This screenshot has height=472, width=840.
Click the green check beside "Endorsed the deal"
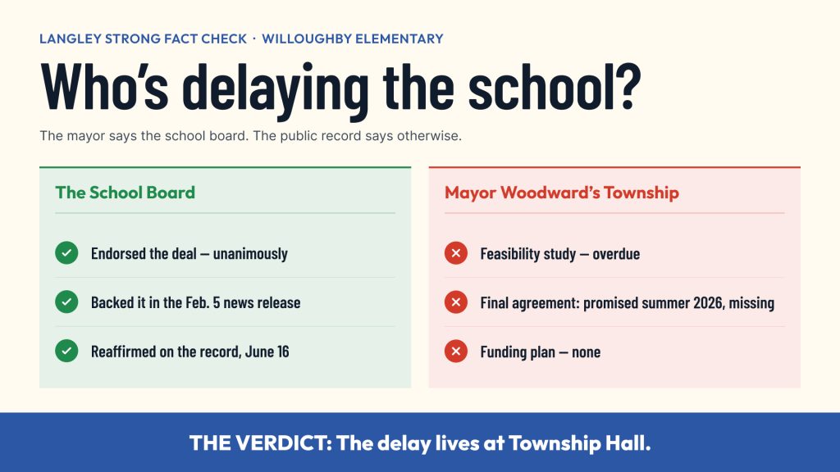66,253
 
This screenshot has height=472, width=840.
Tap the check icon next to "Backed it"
66,302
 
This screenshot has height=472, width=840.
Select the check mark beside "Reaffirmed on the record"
66,351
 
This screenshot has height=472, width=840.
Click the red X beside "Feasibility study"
456,253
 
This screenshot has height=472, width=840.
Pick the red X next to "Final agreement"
456,302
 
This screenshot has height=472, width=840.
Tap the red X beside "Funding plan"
456,351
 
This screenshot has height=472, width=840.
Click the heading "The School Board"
126,193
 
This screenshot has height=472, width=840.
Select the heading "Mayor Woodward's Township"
562,193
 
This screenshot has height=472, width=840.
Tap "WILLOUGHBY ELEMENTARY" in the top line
353,39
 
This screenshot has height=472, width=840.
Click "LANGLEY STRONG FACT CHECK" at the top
143,39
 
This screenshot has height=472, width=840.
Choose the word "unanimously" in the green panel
250,254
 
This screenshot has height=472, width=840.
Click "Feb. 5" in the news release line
203,302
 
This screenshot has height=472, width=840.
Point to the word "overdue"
616,254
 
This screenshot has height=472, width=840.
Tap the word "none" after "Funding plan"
586,352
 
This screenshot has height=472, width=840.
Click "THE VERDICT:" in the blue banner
261,443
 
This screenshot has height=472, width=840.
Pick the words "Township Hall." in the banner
580,443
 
